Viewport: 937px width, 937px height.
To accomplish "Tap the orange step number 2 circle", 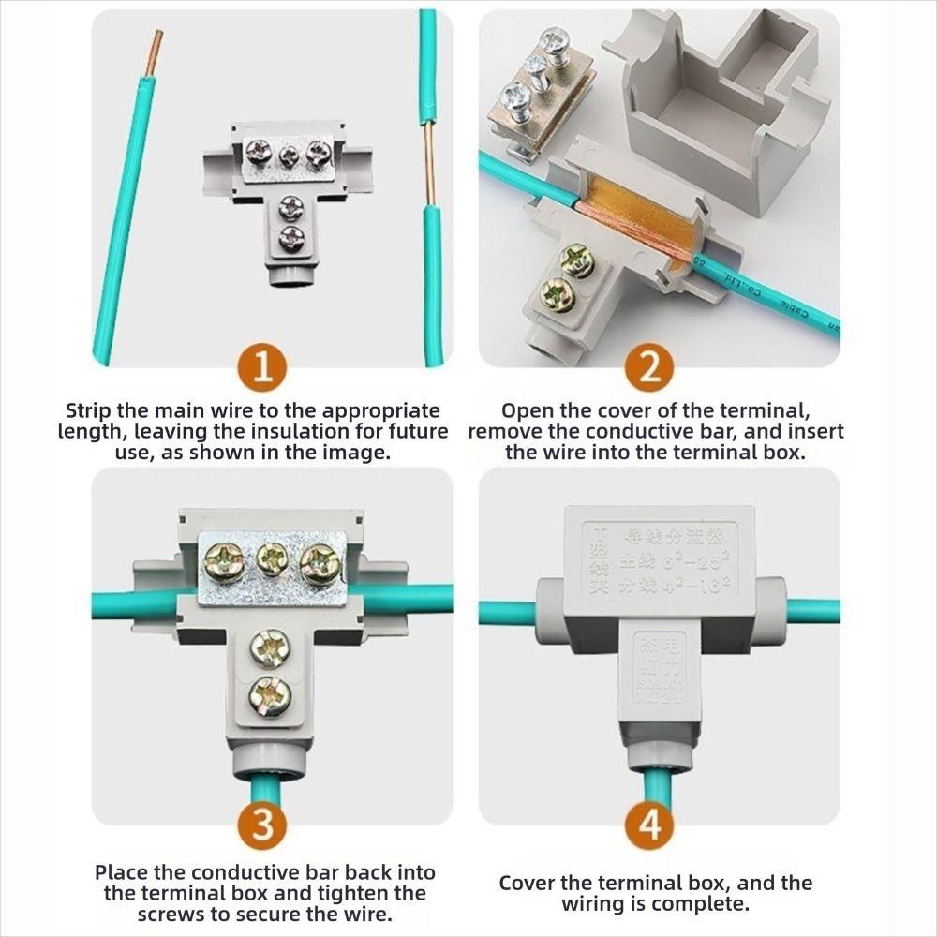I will click(x=650, y=368).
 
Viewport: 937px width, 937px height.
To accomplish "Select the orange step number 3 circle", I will click(x=263, y=826).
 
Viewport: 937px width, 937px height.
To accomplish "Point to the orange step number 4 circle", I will click(x=650, y=826).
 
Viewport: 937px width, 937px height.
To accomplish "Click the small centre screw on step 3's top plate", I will click(x=271, y=560).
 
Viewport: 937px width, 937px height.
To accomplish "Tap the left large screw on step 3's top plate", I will click(x=223, y=563).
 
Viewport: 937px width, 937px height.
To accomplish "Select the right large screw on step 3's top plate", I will click(x=319, y=564).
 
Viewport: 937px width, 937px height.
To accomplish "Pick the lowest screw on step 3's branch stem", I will click(x=270, y=696).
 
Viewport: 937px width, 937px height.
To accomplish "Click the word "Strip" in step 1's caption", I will click(x=91, y=410).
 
